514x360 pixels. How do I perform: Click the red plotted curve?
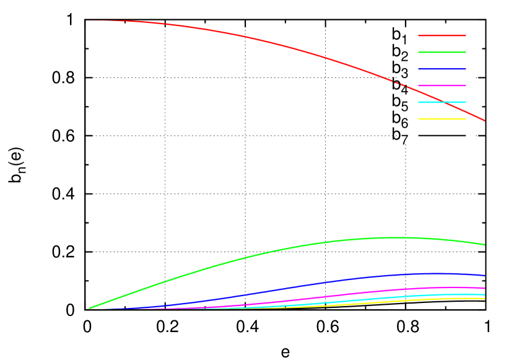[x=248, y=37]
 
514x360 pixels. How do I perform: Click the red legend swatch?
[x=442, y=36]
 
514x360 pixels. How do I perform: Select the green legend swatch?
[x=442, y=53]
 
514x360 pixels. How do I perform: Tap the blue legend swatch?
[x=442, y=69]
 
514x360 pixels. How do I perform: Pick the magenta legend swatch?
[x=442, y=86]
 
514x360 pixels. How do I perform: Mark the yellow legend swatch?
[x=442, y=119]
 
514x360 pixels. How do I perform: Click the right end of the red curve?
[x=484, y=121]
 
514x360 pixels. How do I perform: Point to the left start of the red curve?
[x=90, y=20]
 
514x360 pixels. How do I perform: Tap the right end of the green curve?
[x=484, y=245]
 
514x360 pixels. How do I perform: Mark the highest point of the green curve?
[x=394, y=237]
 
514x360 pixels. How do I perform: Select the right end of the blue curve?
[x=484, y=275]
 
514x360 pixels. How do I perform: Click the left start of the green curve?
[x=90, y=308]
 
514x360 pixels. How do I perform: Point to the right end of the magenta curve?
[x=484, y=288]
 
